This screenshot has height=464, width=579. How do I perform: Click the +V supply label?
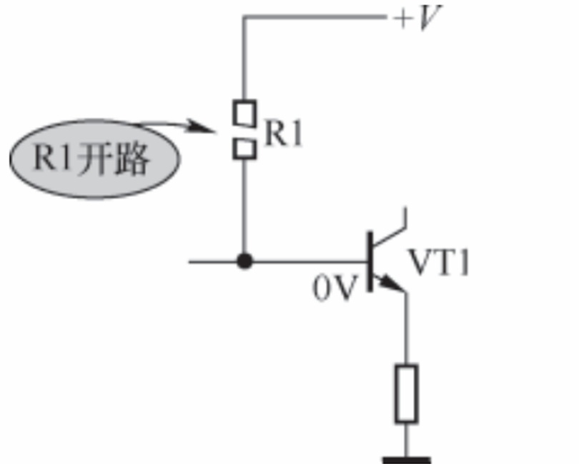[x=417, y=18]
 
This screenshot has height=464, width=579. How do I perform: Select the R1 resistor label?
[x=284, y=133]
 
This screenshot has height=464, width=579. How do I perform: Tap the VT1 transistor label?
[x=439, y=263]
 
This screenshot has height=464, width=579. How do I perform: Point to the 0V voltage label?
[x=335, y=288]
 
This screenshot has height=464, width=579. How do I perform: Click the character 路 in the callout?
[x=132, y=159]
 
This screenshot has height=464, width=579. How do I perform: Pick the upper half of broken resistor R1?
[x=244, y=114]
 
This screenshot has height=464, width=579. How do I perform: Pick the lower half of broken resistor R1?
[x=244, y=149]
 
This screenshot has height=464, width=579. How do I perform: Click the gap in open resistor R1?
[x=244, y=133]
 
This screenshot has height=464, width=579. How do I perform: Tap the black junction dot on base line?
[x=244, y=261]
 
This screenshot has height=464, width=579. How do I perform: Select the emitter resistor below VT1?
[x=407, y=393]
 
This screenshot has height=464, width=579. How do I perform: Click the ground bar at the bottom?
[x=407, y=460]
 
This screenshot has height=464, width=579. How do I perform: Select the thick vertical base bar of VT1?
[x=370, y=261]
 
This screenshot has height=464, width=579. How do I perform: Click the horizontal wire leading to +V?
[x=314, y=16]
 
